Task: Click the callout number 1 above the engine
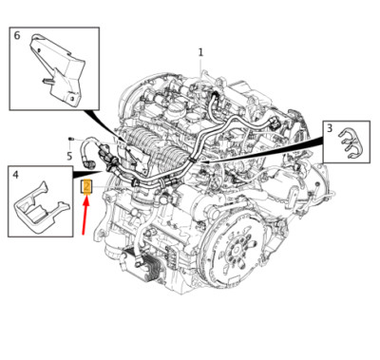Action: (x=200, y=51)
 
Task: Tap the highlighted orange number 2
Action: (x=86, y=186)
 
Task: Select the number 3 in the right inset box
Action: (x=329, y=127)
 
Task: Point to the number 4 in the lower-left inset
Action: (x=15, y=174)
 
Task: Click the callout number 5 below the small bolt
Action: (x=69, y=156)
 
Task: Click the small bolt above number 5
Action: (x=70, y=139)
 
